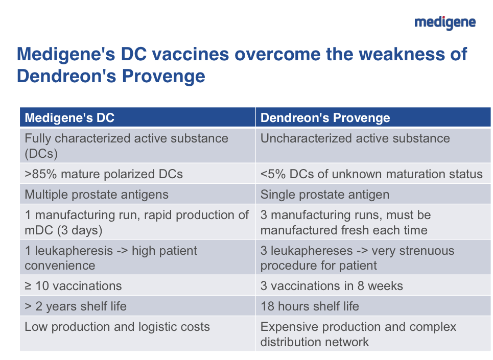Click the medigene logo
click(445, 22)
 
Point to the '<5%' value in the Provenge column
click(273, 174)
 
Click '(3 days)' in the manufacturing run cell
click(80, 230)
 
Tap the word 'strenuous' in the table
click(413, 251)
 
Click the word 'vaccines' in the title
click(191, 54)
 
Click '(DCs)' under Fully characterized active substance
click(41, 154)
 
